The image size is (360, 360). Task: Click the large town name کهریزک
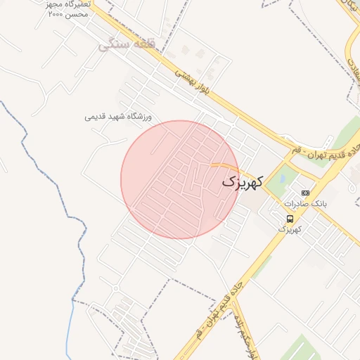pyautogui.click(x=243, y=181)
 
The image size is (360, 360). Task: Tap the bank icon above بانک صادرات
pyautogui.click(x=305, y=192)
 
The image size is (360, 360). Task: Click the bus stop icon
pyautogui.click(x=290, y=219)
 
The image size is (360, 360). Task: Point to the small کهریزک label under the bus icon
pyautogui.click(x=290, y=229)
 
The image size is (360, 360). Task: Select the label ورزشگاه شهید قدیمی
pyautogui.click(x=118, y=117)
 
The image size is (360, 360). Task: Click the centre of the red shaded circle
pyautogui.click(x=180, y=180)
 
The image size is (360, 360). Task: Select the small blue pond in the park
pyautogui.click(x=282, y=179)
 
